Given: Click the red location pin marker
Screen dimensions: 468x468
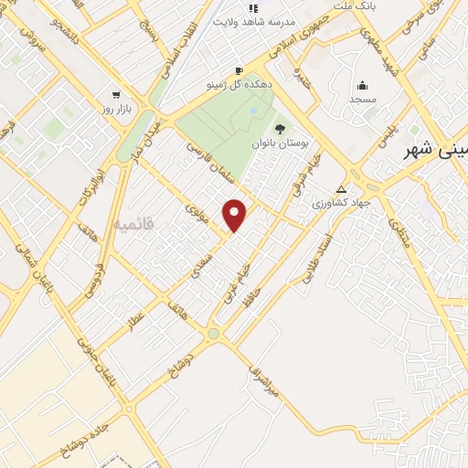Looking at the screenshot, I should [x=236, y=214].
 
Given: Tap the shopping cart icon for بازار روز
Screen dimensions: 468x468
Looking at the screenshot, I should [x=116, y=95].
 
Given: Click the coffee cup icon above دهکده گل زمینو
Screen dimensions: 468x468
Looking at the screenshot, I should [x=239, y=70].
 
